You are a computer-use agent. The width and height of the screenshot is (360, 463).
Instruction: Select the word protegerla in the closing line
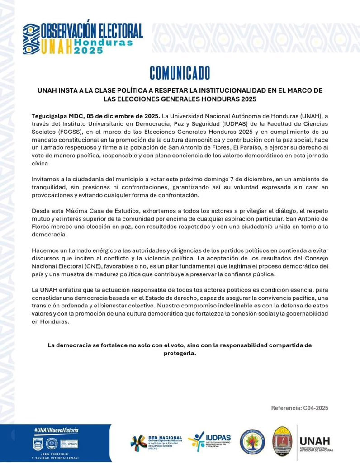[x=180, y=354]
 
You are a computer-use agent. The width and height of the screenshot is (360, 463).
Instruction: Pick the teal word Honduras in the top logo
[x=104, y=42]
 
